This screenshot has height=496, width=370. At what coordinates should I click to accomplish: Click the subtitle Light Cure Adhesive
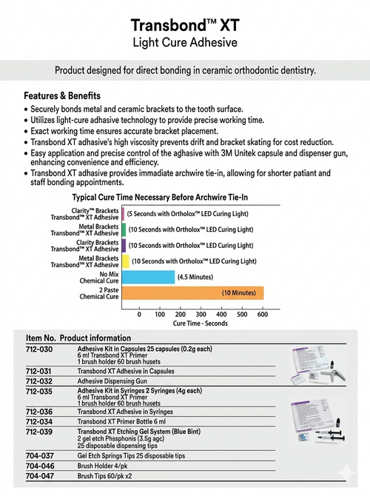tap(184, 42)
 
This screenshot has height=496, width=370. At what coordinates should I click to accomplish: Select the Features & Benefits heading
tap(62, 96)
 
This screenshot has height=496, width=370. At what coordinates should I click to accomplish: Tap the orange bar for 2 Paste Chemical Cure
tap(192, 294)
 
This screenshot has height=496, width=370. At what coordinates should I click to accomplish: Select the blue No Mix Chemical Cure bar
tap(148, 277)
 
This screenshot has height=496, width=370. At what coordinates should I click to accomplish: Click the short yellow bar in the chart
tap(126, 261)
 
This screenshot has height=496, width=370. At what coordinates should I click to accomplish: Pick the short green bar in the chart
tap(124, 229)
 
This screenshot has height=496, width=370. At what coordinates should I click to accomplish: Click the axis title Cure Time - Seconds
tap(202, 324)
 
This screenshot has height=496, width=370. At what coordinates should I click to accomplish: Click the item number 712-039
tap(38, 431)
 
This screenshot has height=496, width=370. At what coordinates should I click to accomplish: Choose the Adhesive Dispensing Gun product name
tap(118, 380)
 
